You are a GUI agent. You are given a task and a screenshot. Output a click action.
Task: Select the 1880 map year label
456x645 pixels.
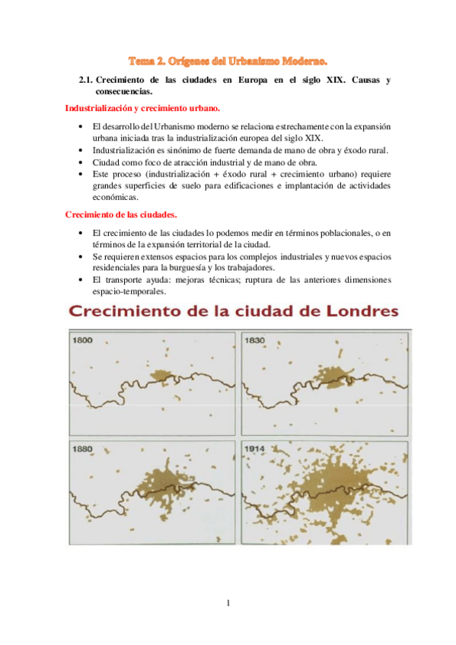point(81,448)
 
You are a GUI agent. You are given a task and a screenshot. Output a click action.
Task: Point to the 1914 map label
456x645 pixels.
point(255,449)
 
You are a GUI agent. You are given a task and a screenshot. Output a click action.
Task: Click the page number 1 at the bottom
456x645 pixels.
point(228,604)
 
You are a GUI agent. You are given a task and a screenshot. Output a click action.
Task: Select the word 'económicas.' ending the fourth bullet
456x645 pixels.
point(115,196)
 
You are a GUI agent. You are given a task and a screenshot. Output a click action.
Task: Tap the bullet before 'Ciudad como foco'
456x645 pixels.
point(81,163)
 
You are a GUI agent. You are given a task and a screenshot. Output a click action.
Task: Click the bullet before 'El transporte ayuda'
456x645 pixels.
point(81,279)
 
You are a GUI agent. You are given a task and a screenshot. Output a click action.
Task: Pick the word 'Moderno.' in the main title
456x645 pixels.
point(303,59)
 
